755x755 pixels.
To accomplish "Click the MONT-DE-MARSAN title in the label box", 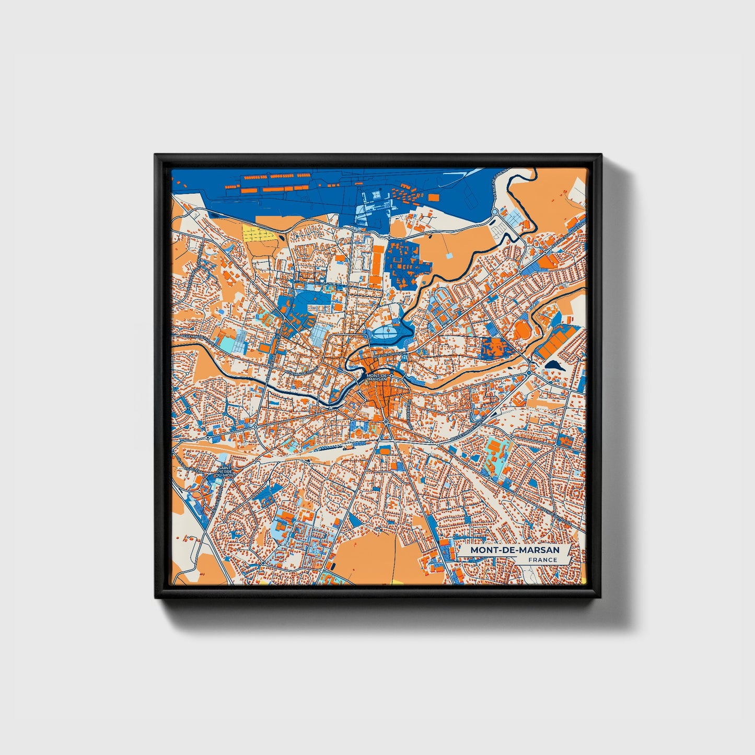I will tap(514, 550).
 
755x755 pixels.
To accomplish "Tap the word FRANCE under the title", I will tap(542, 560).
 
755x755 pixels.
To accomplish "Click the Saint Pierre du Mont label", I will tap(225, 471).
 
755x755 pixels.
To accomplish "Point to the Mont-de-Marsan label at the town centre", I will tap(376, 377).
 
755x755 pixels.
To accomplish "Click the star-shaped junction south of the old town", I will tap(385, 421).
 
